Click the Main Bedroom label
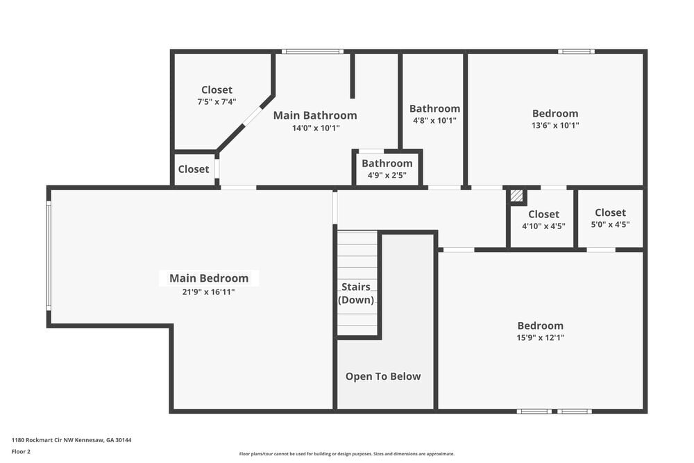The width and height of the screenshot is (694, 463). pyautogui.click(x=209, y=278)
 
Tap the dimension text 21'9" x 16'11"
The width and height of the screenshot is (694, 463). pyautogui.click(x=209, y=292)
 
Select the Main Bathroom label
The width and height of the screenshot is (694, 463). pyautogui.click(x=315, y=115)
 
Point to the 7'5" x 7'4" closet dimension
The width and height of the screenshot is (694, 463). pyautogui.click(x=217, y=101)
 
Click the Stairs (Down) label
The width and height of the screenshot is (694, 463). pyautogui.click(x=356, y=294)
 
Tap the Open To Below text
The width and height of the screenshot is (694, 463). pyautogui.click(x=383, y=376)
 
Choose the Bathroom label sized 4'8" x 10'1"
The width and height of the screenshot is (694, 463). pyautogui.click(x=434, y=108)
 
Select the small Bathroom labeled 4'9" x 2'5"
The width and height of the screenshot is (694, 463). pyautogui.click(x=387, y=164)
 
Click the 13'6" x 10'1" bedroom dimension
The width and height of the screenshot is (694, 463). pyautogui.click(x=555, y=126)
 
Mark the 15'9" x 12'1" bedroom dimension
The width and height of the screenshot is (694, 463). pyautogui.click(x=541, y=338)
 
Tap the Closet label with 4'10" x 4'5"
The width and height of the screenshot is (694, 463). pyautogui.click(x=543, y=214)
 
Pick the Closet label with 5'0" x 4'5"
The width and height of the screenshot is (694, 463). pyautogui.click(x=610, y=212)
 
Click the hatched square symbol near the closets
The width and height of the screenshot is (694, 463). pyautogui.click(x=516, y=196)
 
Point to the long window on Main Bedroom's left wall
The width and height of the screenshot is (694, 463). pyautogui.click(x=49, y=255)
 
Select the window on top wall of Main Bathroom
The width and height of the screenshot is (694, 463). pyautogui.click(x=312, y=51)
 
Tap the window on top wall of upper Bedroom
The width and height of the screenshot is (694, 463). pyautogui.click(x=576, y=51)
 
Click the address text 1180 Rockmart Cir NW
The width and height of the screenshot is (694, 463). pyautogui.click(x=71, y=440)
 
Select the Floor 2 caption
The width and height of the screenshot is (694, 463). pyautogui.click(x=21, y=451)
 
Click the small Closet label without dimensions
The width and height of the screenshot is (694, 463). pyautogui.click(x=194, y=169)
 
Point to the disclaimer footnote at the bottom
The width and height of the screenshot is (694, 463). pyautogui.click(x=346, y=454)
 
